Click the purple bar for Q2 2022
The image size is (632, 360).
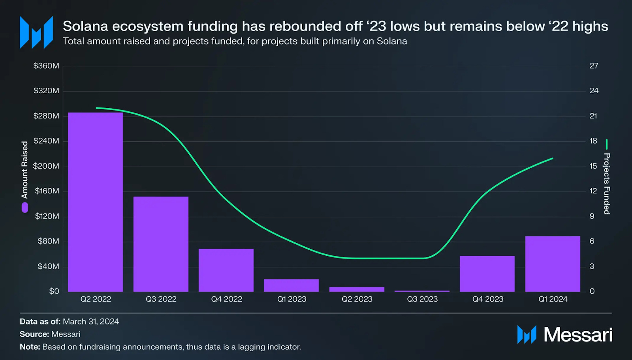click(95, 202)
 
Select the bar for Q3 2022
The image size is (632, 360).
click(161, 244)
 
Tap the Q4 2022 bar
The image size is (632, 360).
click(226, 270)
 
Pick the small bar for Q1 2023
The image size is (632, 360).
click(291, 285)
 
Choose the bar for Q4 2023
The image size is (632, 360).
click(487, 274)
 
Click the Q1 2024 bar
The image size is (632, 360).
click(553, 264)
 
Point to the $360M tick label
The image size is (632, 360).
click(46, 66)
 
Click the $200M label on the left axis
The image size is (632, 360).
click(46, 166)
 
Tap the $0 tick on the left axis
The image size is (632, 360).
click(54, 291)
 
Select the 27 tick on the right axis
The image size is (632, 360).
click(594, 66)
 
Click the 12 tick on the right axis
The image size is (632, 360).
click(593, 191)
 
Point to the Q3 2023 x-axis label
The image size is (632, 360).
click(422, 299)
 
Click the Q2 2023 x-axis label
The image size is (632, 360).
click(357, 299)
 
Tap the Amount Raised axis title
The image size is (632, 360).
click(25, 170)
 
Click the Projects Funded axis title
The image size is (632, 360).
click(607, 184)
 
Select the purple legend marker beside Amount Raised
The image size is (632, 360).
click(25, 208)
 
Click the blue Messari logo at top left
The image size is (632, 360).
click(36, 32)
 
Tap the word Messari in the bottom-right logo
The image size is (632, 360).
click(578, 335)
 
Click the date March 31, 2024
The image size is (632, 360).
click(91, 322)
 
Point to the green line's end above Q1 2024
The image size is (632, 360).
click(552, 159)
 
